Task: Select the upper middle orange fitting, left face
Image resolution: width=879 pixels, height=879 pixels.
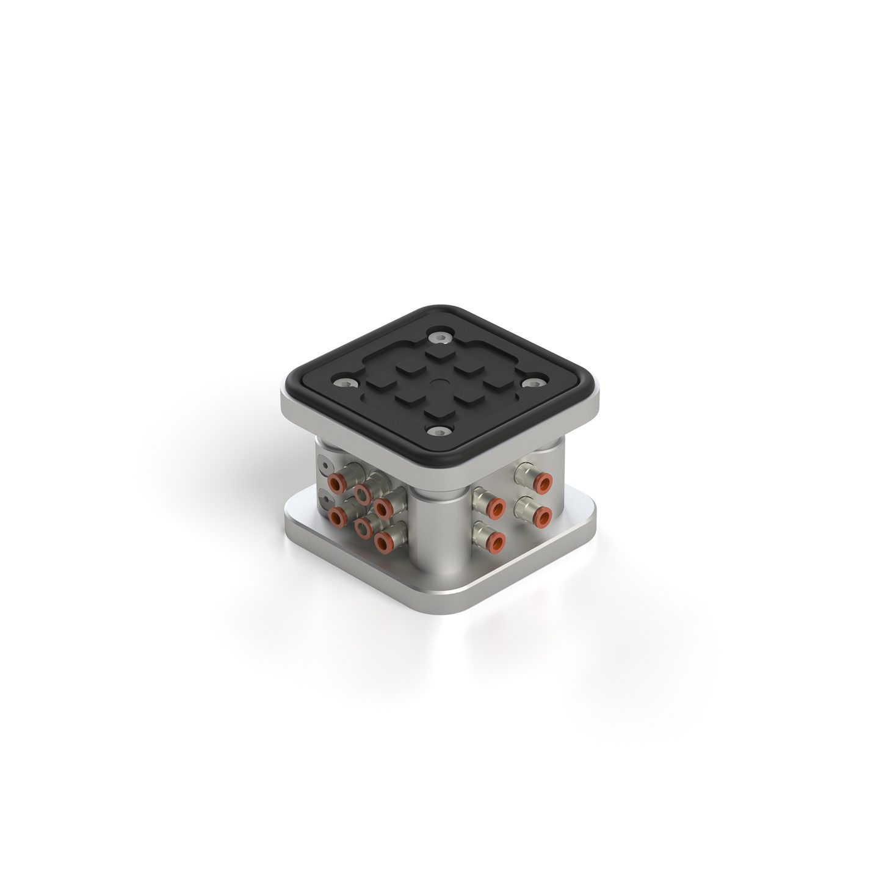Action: pos(363,493)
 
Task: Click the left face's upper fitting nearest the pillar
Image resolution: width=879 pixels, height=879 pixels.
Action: pos(383,505)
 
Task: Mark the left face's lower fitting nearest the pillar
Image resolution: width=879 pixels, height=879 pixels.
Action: pos(383,540)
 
